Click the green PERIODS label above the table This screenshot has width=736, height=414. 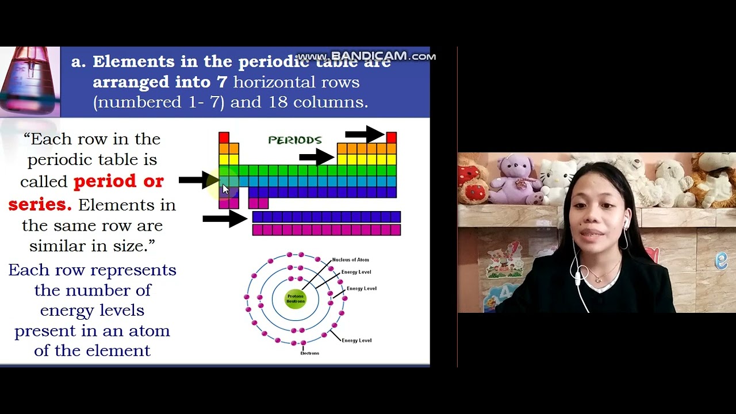point(294,140)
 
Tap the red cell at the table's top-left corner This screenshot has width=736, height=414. point(224,137)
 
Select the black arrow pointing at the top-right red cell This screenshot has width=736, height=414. point(364,135)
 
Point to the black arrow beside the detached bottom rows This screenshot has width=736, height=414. point(225,218)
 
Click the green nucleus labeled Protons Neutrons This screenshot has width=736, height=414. point(296,299)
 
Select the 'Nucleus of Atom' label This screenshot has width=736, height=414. point(350,260)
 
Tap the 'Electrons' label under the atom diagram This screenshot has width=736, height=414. point(309,353)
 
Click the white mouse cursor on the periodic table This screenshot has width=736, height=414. point(225,189)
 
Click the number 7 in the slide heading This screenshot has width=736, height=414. point(222,82)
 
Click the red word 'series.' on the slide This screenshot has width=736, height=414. point(40,204)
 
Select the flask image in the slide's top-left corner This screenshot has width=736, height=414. point(30,82)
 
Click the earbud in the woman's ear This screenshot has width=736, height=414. point(625,222)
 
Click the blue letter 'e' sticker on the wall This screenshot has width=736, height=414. point(721,260)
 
